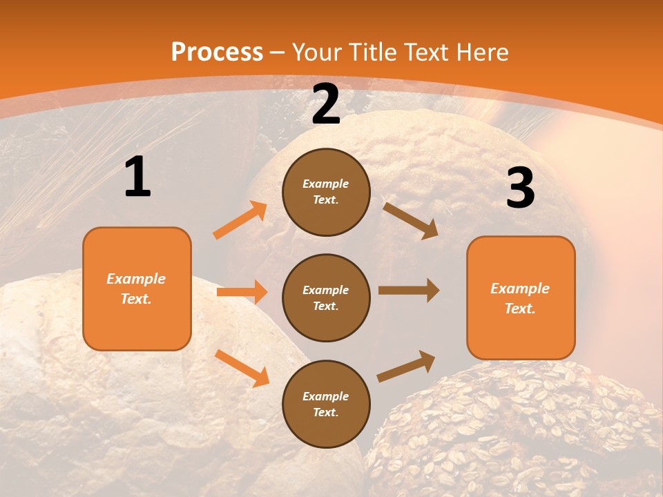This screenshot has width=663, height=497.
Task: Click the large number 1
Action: coord(137,177)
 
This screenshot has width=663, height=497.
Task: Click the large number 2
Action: coord(326,104)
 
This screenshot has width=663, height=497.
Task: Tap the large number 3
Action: coord(520,188)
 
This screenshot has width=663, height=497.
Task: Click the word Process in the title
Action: coord(217,52)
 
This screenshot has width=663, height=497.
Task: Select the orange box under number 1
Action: coord(137,289)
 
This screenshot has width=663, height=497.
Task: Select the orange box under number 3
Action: coord(521,298)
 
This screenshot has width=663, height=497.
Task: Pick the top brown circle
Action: coord(326,192)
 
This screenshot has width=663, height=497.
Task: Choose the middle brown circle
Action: coord(326,298)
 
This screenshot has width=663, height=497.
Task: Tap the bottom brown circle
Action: coord(326,404)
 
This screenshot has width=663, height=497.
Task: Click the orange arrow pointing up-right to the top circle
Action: coord(240,220)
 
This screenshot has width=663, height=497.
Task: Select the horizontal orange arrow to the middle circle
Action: coord(242,292)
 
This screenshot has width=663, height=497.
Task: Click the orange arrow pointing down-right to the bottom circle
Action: coord(242,368)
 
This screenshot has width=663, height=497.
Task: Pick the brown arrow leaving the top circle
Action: coord(410,220)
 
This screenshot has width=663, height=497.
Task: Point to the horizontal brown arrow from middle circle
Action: coord(409,291)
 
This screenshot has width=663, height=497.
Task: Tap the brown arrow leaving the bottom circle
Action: coord(406,367)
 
